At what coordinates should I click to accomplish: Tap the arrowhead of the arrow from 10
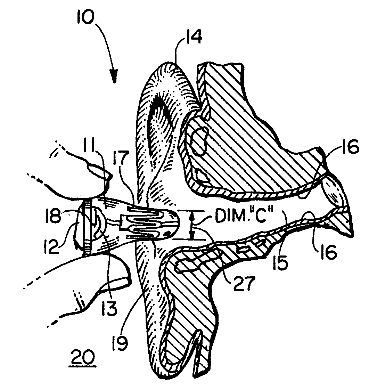(114, 76)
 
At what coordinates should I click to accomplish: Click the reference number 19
(120, 342)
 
